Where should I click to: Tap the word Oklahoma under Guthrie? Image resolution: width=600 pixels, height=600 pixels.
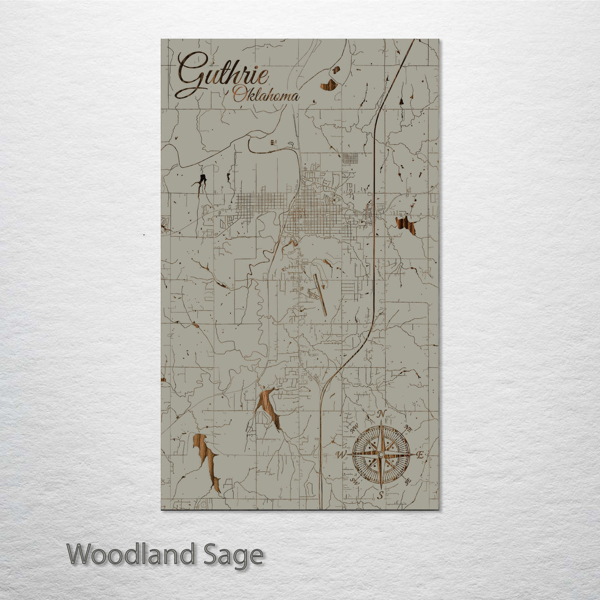click(x=266, y=96)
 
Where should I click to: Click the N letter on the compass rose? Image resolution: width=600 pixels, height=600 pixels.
click(x=381, y=414)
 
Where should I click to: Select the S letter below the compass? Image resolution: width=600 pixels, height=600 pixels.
click(x=381, y=494)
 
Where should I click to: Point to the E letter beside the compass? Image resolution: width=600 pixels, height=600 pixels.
click(x=420, y=455)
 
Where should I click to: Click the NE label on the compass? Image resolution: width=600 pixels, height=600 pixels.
click(x=408, y=428)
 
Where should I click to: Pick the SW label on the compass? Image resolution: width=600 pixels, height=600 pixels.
click(x=354, y=481)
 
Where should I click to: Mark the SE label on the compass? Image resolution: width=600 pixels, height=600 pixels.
click(x=408, y=482)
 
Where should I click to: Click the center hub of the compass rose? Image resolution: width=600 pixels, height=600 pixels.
click(x=381, y=454)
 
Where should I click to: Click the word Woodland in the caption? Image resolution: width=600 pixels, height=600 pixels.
click(x=131, y=554)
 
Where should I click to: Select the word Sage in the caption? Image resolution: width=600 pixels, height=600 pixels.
click(x=233, y=555)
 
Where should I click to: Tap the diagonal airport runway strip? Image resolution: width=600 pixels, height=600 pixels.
click(x=320, y=294)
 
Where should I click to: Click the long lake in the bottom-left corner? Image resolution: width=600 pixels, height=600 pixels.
click(x=206, y=462)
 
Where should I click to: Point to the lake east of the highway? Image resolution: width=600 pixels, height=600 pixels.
click(x=406, y=225)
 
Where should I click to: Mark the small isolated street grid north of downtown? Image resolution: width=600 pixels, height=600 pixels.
click(x=349, y=158)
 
